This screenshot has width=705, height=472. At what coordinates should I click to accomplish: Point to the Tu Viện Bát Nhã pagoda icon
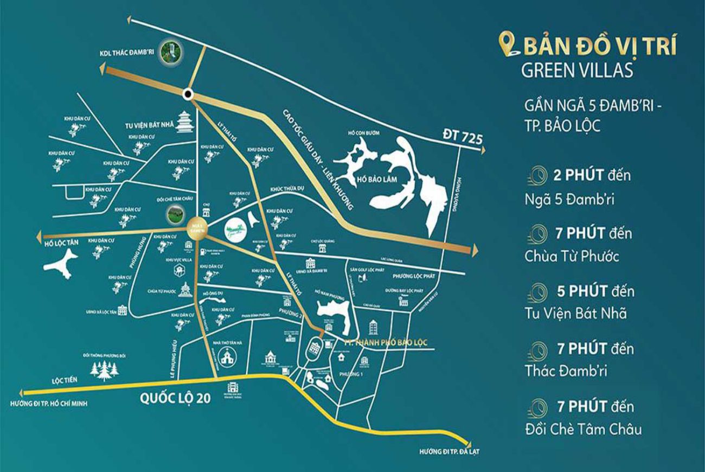point(186,123)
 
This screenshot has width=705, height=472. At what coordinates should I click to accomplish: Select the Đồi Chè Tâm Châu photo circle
point(174,214)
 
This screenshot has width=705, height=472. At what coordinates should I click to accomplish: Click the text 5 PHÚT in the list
point(582,291)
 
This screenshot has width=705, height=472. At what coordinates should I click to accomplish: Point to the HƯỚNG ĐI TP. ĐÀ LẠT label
point(450,451)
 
